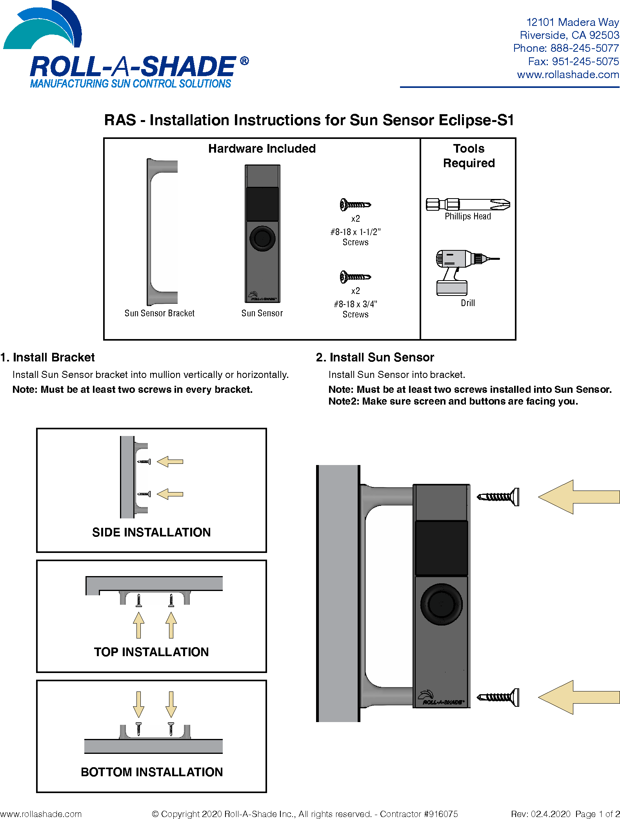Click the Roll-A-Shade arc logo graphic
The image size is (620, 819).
coord(43,27)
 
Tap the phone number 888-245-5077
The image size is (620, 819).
coord(584,48)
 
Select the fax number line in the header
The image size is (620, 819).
coord(573,62)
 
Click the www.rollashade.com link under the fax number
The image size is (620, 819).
coord(568,75)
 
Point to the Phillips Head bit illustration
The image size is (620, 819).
coord(468,204)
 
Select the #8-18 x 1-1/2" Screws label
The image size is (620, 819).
coord(355,237)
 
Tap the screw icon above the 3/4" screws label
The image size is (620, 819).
coord(355,277)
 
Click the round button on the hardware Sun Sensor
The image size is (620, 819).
coord(262,238)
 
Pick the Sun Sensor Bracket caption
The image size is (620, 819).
coord(159,313)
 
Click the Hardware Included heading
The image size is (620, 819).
coord(262,148)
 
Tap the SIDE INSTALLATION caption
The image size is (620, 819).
coord(151,532)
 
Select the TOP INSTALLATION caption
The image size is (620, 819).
coord(151,652)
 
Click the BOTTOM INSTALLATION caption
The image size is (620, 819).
coord(151,772)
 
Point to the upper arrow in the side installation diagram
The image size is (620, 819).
coord(170,462)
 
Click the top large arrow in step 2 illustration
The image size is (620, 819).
coord(578,497)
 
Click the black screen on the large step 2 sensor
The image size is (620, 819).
coord(441,548)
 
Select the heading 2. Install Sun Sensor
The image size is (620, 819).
coord(375,357)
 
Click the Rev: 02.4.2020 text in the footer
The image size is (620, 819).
coord(540,814)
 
